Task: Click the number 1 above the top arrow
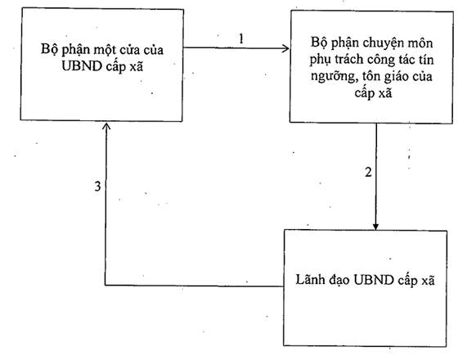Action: (x=241, y=38)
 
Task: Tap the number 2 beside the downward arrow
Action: (x=368, y=172)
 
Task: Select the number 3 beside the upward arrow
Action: (x=98, y=187)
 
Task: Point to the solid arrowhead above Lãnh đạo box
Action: (x=375, y=227)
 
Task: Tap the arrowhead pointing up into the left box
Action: (x=106, y=126)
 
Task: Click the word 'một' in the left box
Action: (x=106, y=50)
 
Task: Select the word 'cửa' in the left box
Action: (x=132, y=50)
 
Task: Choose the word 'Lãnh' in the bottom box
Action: (x=310, y=279)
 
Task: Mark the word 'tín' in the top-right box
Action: (x=426, y=60)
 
